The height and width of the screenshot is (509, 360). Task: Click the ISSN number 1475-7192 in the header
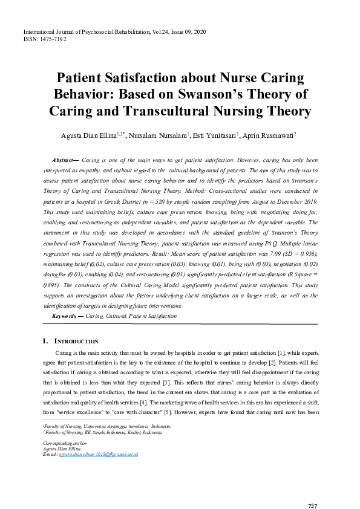point(53,38)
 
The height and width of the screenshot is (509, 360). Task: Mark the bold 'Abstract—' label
point(66,160)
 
